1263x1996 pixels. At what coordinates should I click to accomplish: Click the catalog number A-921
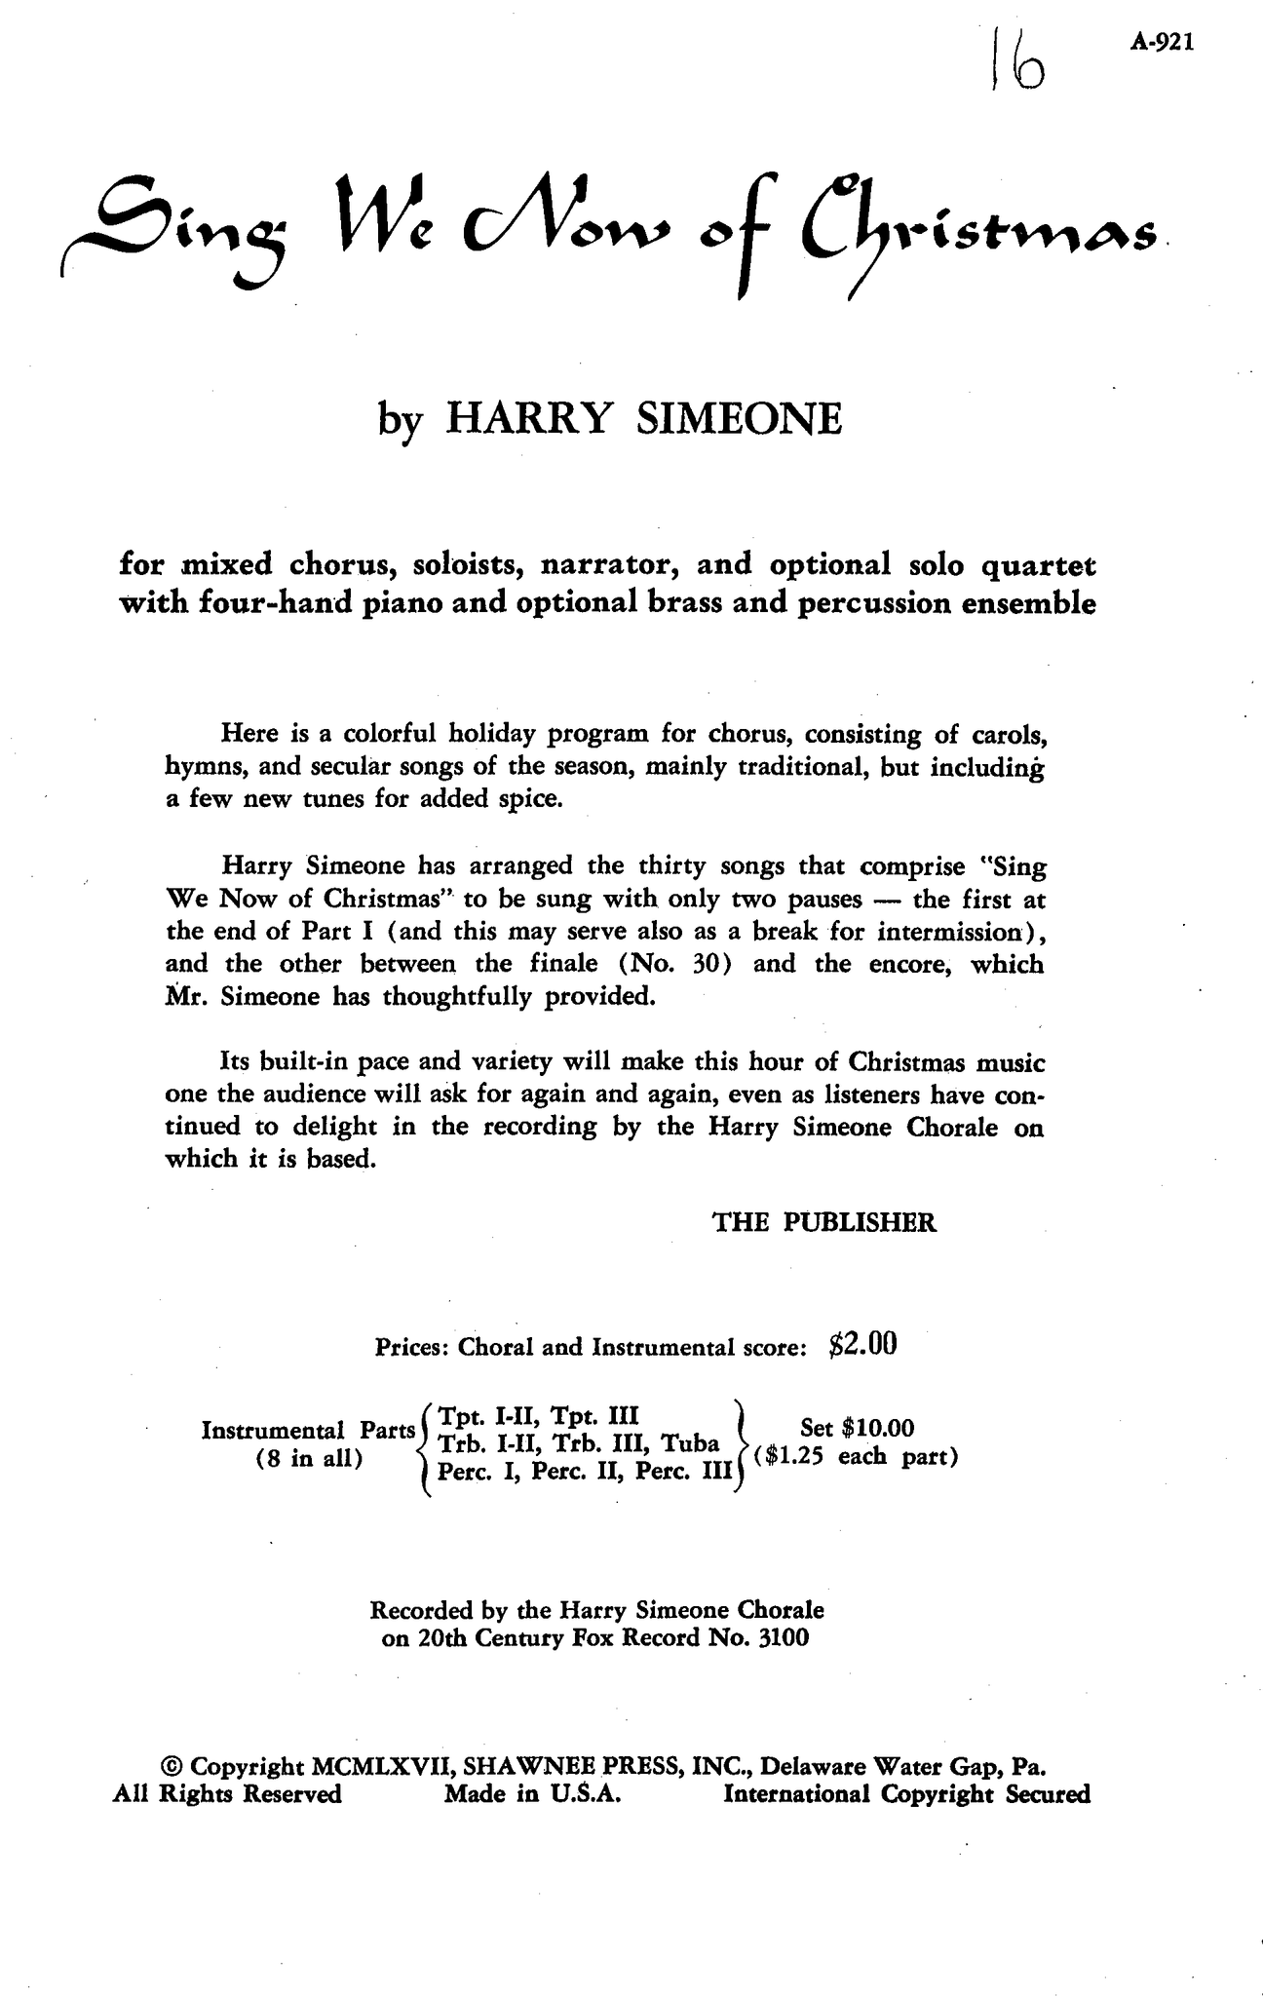[x=1164, y=43]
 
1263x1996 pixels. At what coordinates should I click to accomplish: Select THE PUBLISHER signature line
[x=824, y=1222]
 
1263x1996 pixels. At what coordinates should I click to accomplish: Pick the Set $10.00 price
[x=857, y=1429]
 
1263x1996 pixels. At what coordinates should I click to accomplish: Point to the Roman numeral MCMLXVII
[x=381, y=1767]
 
